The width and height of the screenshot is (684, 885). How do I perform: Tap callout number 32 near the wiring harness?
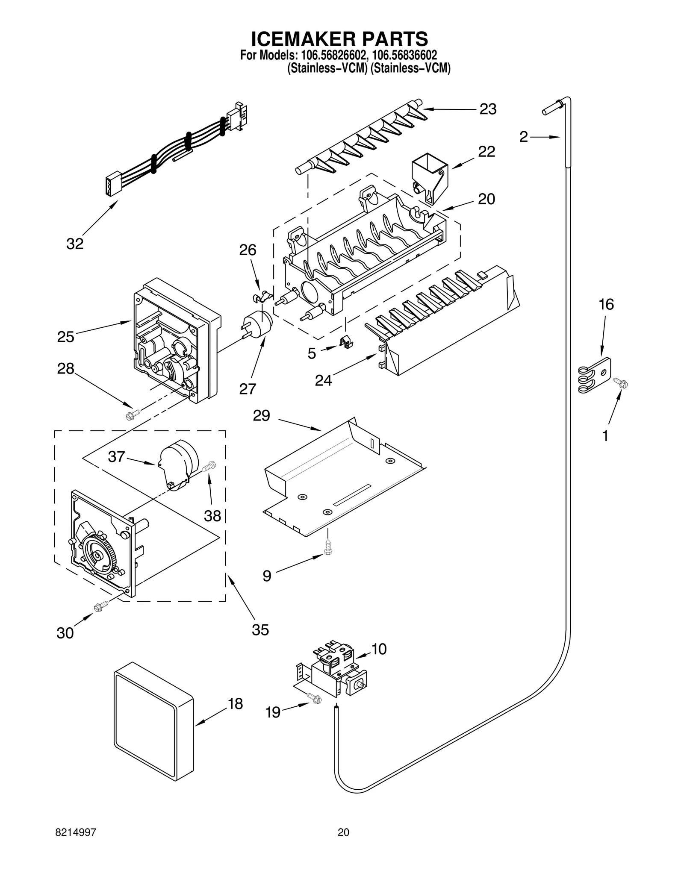coord(75,244)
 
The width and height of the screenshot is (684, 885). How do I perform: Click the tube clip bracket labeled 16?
coord(596,375)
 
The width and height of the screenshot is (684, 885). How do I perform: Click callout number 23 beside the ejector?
coord(487,109)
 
